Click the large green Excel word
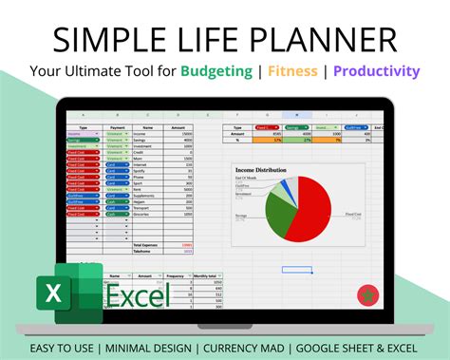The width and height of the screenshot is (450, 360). [x=138, y=295]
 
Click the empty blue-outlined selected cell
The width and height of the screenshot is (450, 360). [x=295, y=270]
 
